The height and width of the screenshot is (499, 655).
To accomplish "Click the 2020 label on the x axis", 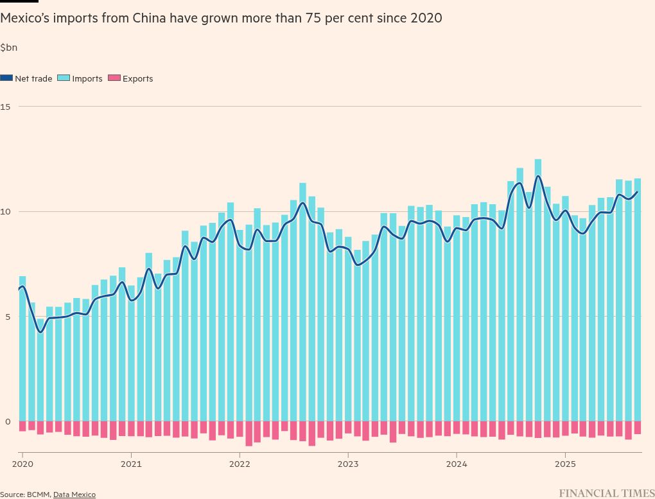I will click(x=22, y=463).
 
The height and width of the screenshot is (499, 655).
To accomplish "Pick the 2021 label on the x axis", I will click(x=131, y=463).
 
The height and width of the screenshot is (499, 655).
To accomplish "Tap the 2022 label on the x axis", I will click(x=240, y=463).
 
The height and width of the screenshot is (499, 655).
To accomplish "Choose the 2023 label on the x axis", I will click(x=348, y=463).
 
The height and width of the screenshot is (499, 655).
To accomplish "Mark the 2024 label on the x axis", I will click(x=457, y=463).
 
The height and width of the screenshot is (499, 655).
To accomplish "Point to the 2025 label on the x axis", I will click(x=565, y=463).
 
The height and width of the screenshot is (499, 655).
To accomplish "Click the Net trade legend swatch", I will click(x=6, y=78).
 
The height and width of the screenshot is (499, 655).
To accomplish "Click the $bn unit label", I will click(x=9, y=48).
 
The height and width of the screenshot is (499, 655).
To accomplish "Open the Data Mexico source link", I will click(x=74, y=495).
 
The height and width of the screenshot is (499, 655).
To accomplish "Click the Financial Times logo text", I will click(x=606, y=493).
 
